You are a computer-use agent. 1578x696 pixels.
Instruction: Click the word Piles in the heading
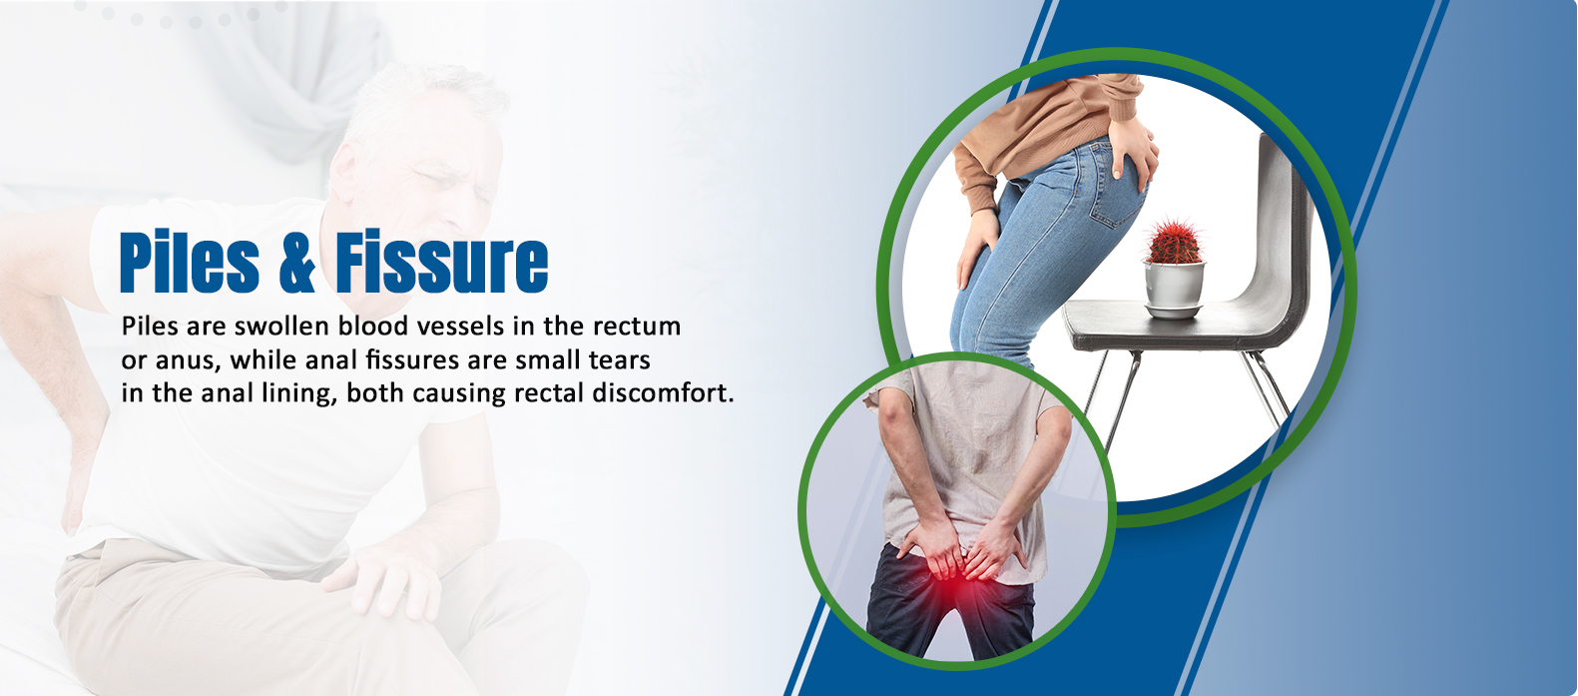click(x=190, y=262)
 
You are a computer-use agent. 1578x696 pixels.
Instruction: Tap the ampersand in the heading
click(x=296, y=262)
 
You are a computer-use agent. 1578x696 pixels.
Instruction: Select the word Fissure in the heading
click(x=442, y=262)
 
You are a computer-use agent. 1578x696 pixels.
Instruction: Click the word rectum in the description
click(x=637, y=327)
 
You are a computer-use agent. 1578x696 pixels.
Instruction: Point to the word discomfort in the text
click(x=663, y=392)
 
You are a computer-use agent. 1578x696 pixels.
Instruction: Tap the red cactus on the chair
click(x=1174, y=242)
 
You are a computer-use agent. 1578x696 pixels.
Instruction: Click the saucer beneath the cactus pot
click(x=1173, y=311)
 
